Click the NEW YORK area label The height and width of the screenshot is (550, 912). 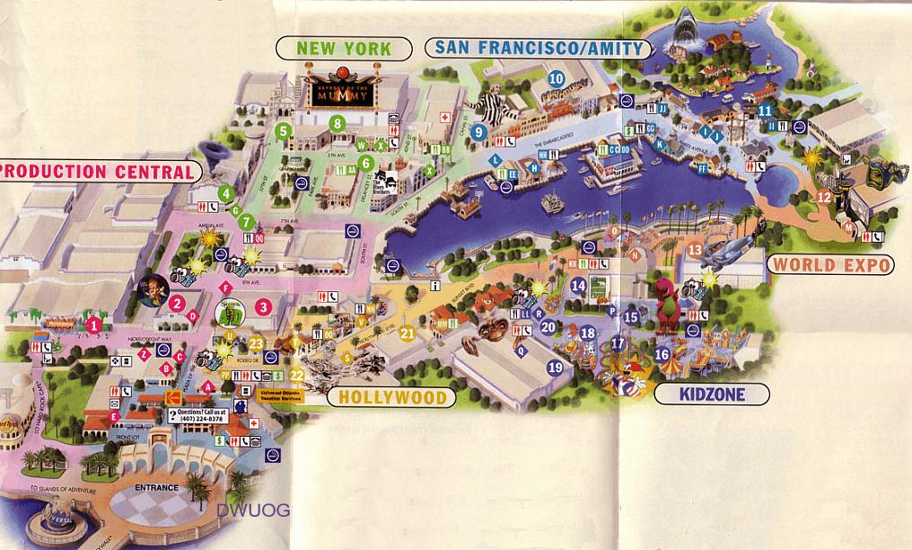(x=346, y=48)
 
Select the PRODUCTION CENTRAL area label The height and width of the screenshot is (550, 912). (x=97, y=171)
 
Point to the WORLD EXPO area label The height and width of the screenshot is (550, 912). (x=831, y=264)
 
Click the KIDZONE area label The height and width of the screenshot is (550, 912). (x=713, y=394)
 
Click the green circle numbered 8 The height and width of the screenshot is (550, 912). (x=338, y=123)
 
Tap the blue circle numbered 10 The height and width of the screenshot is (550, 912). (x=557, y=77)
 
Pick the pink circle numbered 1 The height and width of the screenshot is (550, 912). (x=93, y=324)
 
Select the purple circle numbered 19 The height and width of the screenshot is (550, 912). (x=556, y=367)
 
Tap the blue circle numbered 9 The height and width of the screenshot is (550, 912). (x=479, y=132)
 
